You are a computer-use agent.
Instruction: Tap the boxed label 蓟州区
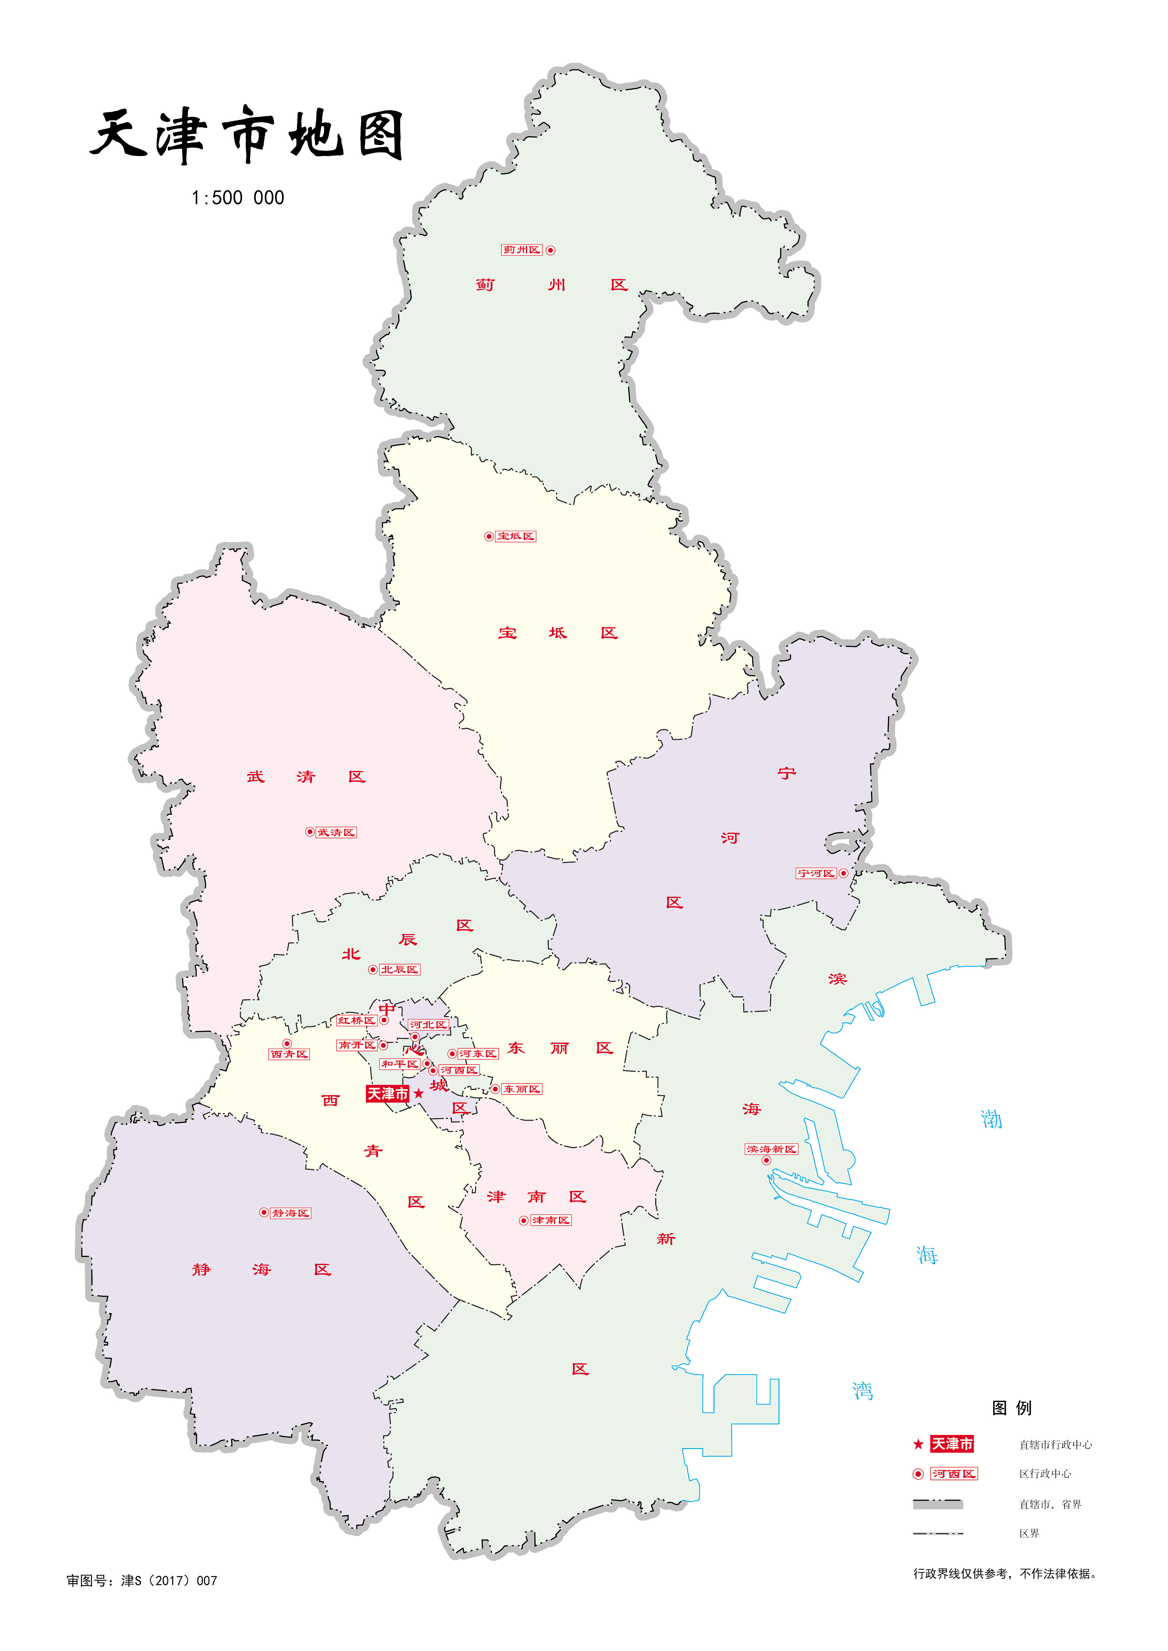coord(521,250)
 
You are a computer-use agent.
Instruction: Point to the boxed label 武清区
coord(337,832)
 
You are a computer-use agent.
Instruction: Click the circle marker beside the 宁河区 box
coord(844,873)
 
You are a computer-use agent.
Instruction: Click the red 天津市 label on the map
coord(388,1094)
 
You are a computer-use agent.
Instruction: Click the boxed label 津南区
coord(551,1220)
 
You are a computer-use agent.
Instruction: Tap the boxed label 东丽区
coord(521,1089)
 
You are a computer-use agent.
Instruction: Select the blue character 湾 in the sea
coord(862,1391)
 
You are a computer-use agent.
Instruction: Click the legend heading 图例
coord(1011,1408)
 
